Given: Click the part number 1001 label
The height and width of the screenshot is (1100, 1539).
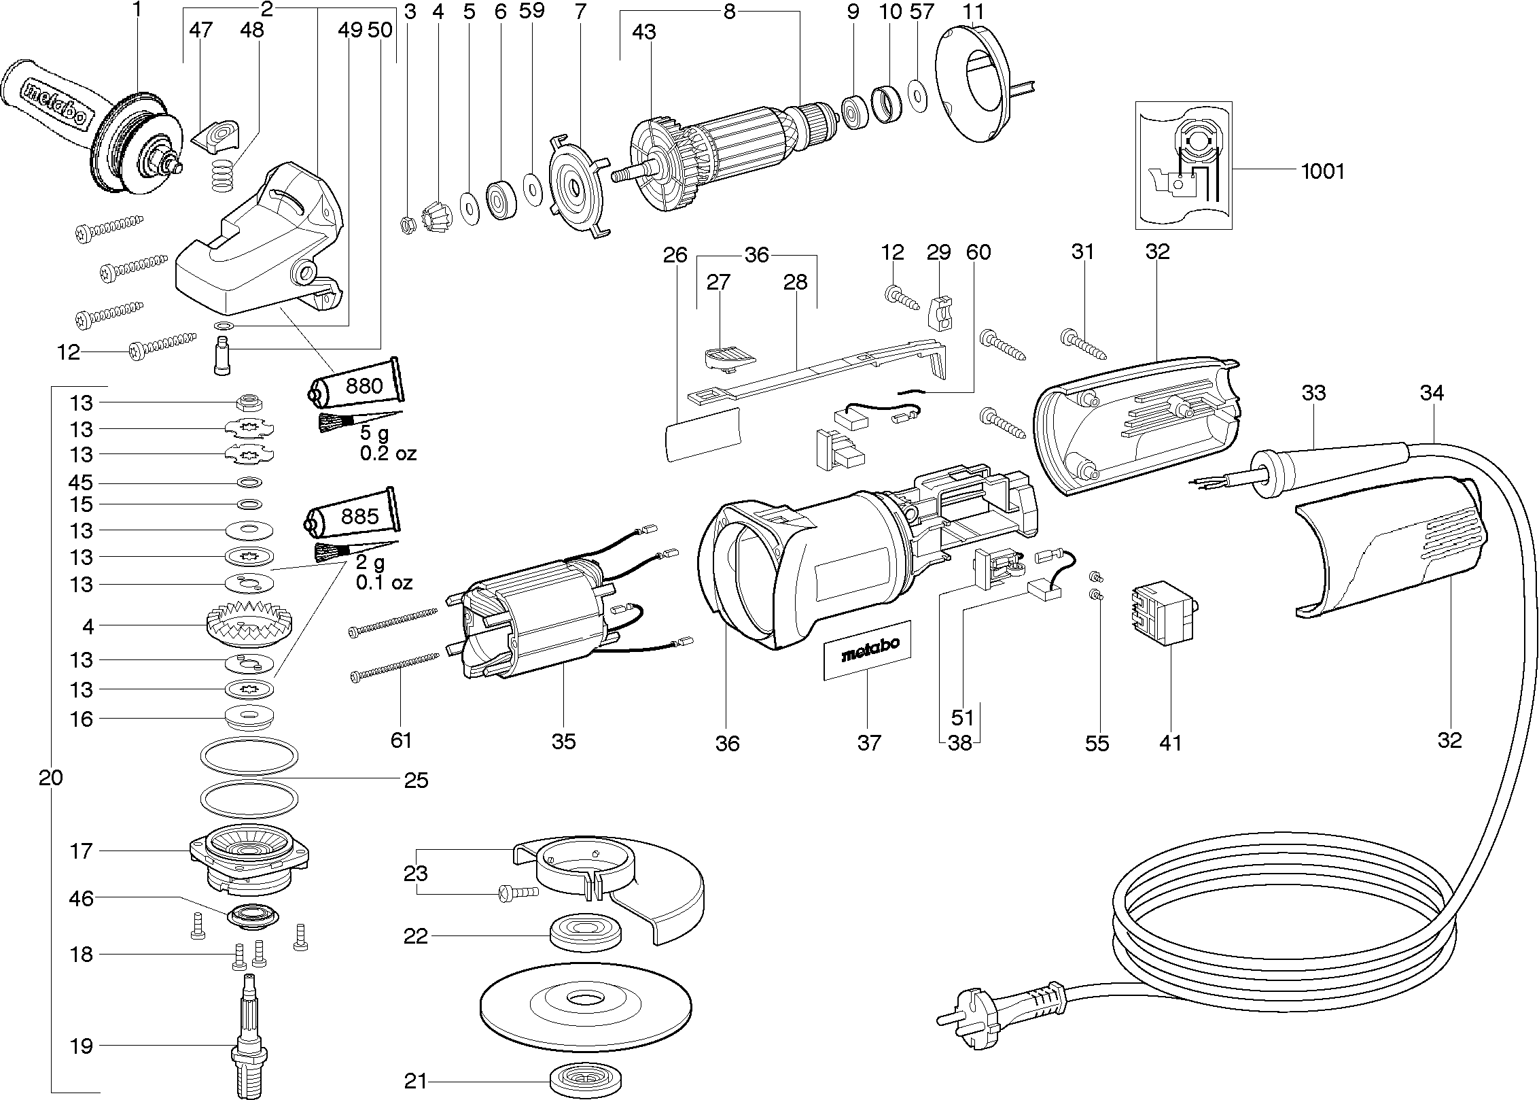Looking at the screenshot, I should (1322, 170).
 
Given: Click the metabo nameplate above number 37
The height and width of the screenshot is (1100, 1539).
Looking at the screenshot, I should (868, 650).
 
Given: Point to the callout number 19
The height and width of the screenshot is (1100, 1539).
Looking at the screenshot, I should (81, 1045).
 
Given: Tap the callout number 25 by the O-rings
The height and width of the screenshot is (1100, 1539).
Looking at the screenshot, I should (416, 780).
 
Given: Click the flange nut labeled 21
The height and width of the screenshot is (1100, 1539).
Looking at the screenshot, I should (585, 1080).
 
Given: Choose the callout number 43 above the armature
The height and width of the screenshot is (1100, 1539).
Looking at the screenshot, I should (643, 32).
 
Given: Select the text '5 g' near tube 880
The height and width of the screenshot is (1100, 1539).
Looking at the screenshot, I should (374, 433).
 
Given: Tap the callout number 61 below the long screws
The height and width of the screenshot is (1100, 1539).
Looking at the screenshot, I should (401, 739).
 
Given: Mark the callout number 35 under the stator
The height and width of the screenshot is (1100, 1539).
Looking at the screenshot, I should (563, 740).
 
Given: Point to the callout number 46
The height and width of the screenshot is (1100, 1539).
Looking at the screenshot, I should (81, 899).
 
